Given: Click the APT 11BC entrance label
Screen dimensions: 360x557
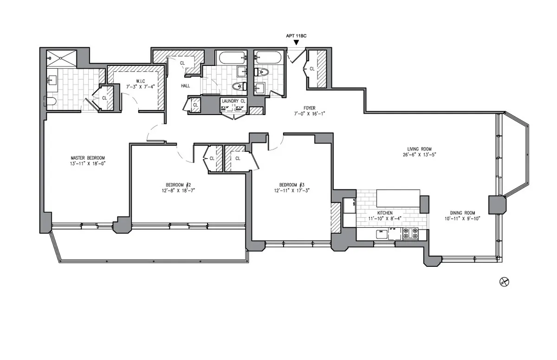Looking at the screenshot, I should (296, 35).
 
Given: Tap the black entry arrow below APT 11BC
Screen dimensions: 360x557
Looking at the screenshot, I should (296, 43).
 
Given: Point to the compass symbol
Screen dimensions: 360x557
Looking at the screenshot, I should (503, 281).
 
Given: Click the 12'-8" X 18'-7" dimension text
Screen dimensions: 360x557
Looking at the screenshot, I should (179, 190).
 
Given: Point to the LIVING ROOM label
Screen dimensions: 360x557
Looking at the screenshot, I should (420, 149).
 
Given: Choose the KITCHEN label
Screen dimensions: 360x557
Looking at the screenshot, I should (385, 213).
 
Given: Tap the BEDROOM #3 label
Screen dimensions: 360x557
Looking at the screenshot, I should (291, 183).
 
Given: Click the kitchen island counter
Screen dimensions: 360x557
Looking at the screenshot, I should (398, 198).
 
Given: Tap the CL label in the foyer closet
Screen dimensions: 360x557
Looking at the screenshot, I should (311, 69).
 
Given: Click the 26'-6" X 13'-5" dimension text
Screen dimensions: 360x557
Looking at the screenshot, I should (420, 155).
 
